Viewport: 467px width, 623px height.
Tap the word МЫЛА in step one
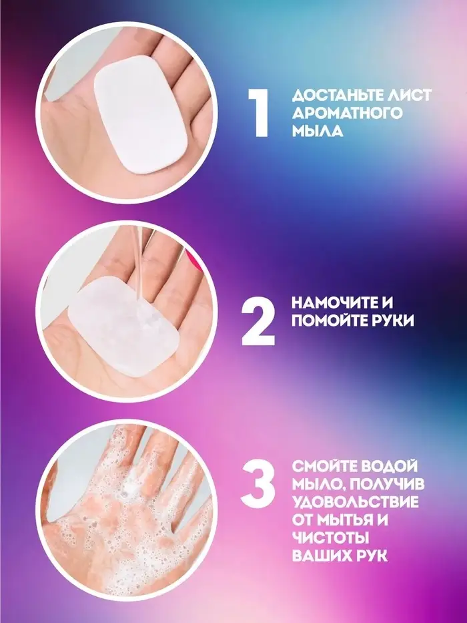318,131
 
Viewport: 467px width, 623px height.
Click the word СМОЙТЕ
322,467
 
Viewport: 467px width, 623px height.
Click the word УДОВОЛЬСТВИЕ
356,502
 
